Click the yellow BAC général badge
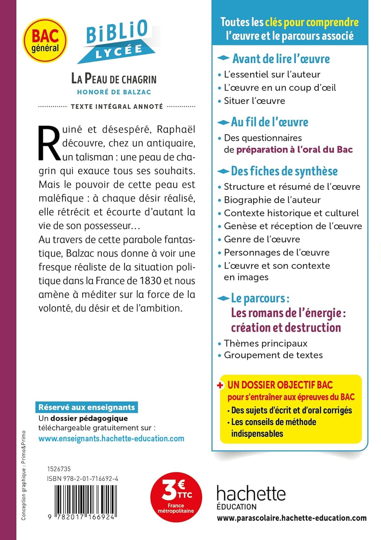(x=45, y=41)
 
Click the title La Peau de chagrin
(x=114, y=79)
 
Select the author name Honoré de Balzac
(x=114, y=92)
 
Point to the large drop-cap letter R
(x=49, y=143)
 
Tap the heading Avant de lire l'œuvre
(x=281, y=59)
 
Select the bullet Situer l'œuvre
(x=254, y=101)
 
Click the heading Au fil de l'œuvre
(x=269, y=122)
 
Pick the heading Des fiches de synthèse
(x=284, y=171)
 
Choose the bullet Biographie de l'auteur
(x=272, y=200)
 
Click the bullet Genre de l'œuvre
(x=262, y=239)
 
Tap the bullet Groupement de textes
(x=273, y=355)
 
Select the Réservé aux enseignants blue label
(x=86, y=407)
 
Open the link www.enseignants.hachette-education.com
(x=111, y=439)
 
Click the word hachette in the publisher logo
(x=251, y=494)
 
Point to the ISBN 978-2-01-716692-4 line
(x=82, y=479)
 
